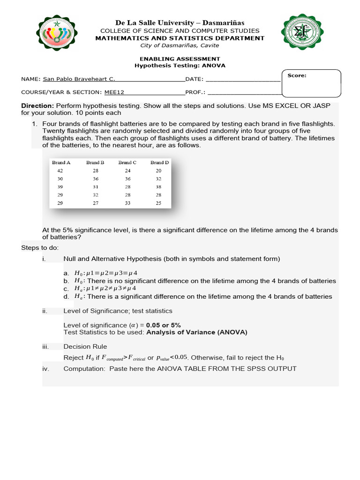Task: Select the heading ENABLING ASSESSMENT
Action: [180, 59]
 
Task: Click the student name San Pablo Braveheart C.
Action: [79, 79]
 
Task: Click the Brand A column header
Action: [61, 163]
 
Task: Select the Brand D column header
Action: [159, 163]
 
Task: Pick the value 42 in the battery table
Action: [60, 171]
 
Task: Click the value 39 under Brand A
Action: [60, 187]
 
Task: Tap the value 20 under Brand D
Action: [158, 171]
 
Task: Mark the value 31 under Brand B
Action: [96, 187]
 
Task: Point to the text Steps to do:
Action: [40, 247]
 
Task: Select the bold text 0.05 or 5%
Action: [163, 325]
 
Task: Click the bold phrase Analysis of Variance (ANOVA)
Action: [196, 332]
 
